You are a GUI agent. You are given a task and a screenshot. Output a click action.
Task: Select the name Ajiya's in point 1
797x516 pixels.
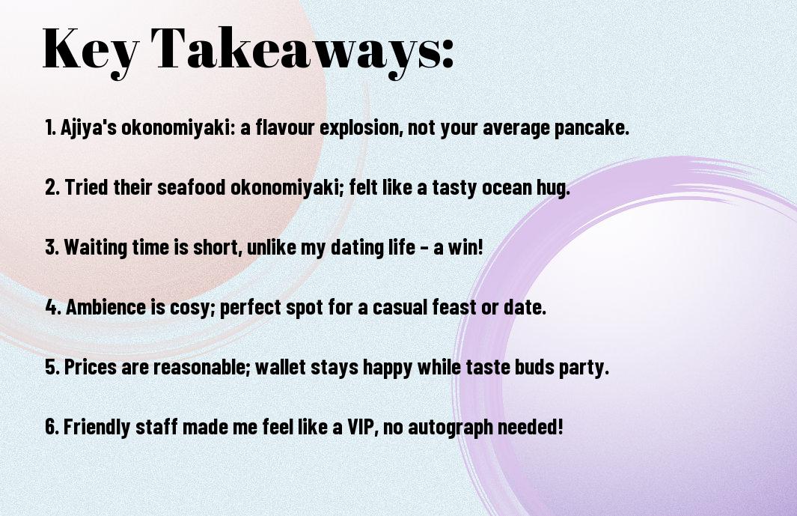point(88,128)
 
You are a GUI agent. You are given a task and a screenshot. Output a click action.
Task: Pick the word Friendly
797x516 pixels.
point(97,427)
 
